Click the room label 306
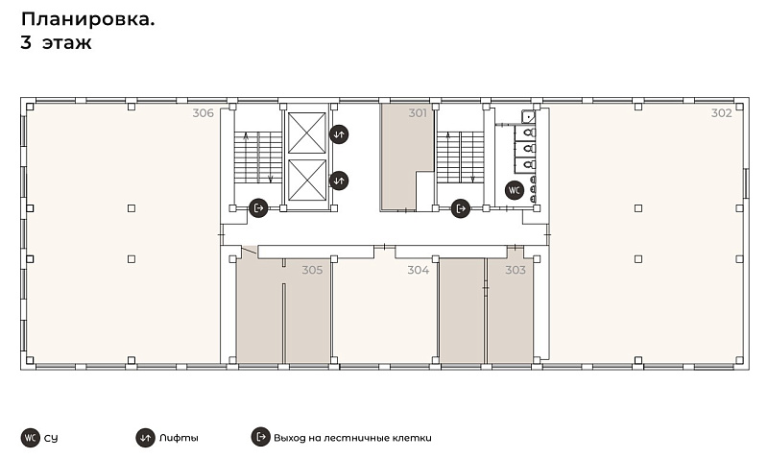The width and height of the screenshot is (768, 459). point(203,113)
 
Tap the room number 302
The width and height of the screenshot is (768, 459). point(722,113)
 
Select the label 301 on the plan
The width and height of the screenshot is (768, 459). point(418,113)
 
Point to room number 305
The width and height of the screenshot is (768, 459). point(312,270)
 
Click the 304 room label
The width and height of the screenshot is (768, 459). point(419,270)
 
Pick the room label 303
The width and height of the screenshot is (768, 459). point(516,270)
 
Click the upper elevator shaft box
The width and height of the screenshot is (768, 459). point(307,133)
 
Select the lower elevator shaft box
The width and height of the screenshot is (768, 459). point(307,181)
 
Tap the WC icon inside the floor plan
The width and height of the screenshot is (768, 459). point(515,190)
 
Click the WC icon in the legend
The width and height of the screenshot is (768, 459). point(31,438)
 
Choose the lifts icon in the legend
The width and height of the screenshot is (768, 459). point(145,438)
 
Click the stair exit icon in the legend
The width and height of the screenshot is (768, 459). point(261,437)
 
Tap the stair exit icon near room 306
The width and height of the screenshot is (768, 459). point(258,208)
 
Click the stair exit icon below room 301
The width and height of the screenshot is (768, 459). point(461,208)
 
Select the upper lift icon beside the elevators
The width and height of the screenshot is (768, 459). point(339,134)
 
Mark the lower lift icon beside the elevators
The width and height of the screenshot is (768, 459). point(339,181)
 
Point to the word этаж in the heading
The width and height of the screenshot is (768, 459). point(67,43)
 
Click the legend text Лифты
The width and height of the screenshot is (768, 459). point(179,438)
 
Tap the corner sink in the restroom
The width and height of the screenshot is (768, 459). point(529,117)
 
